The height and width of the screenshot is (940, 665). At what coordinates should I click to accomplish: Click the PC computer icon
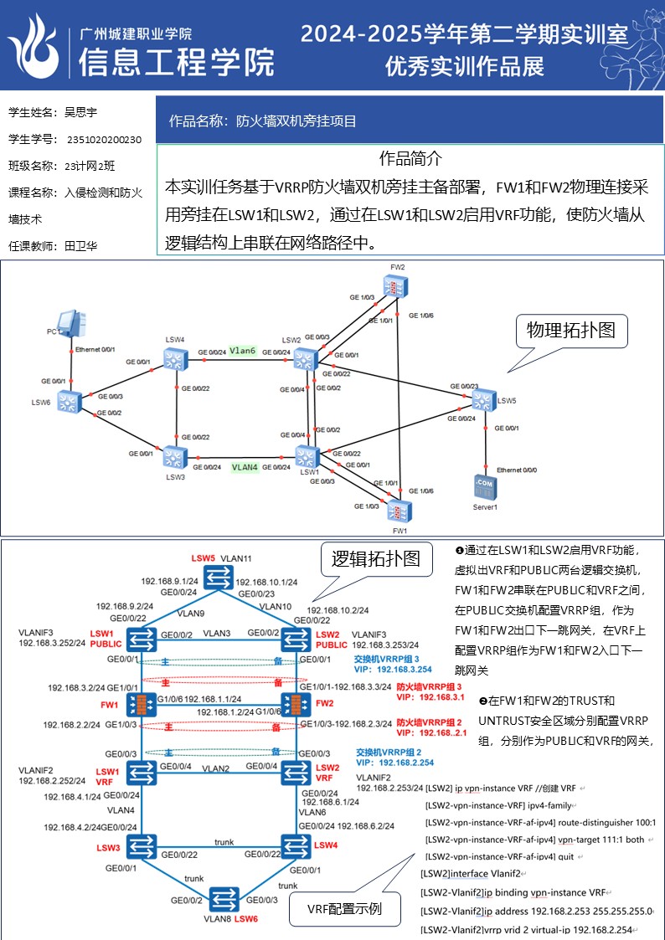[x=69, y=323]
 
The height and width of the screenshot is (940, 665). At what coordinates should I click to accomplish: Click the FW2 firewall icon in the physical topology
[x=395, y=287]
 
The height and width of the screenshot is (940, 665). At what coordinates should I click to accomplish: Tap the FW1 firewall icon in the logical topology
[x=142, y=704]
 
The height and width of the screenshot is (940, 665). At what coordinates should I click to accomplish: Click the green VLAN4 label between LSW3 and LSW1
[x=245, y=467]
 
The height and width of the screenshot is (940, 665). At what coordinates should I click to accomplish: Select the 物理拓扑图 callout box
[x=570, y=330]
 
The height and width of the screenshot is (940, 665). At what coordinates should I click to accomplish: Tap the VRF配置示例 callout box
[x=344, y=909]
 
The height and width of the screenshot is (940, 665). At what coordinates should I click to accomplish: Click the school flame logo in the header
[x=35, y=45]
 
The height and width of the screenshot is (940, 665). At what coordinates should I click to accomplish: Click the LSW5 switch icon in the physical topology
[x=484, y=400]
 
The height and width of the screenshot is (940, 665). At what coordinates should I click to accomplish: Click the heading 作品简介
[x=410, y=158]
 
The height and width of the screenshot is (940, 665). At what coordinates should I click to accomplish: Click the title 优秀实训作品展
[x=465, y=65]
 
